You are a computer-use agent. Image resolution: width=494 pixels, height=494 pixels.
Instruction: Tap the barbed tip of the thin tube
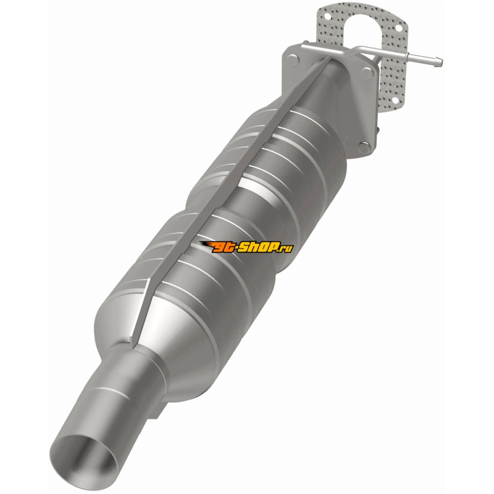coord(438,62)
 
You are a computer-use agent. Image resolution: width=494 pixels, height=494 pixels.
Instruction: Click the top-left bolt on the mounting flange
coord(292,59)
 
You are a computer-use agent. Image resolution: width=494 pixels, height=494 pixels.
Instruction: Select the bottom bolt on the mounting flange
coord(364,147)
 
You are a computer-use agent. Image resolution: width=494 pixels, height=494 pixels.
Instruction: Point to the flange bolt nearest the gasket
coord(367,73)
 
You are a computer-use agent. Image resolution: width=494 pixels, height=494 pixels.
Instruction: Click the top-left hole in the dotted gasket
coord(328,16)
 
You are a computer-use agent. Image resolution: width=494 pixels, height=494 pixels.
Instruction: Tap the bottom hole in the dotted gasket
coord(395,101)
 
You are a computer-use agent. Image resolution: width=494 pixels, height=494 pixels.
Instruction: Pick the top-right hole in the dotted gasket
coord(398,28)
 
